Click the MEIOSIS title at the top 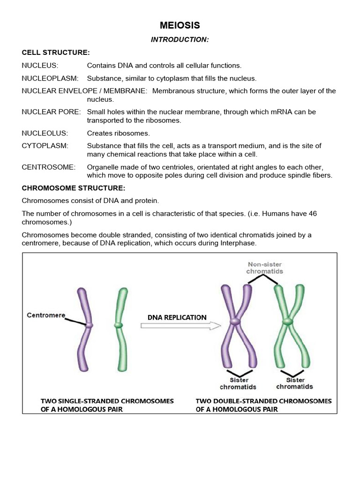180,25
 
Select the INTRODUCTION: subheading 180,40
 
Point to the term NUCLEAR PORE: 51,112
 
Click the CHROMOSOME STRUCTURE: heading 74,188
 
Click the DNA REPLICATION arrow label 177,317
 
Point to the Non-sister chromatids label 266,268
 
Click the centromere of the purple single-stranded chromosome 89,324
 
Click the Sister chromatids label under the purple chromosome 238,383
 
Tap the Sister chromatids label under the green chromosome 294,383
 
